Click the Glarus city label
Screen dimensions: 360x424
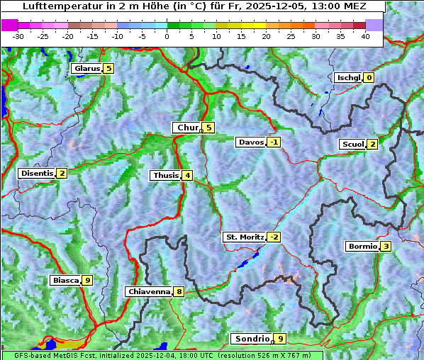point(86,69)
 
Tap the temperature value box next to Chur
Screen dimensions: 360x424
point(209,128)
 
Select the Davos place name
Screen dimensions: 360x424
point(251,142)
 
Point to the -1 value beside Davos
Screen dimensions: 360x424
point(274,142)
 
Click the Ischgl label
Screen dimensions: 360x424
point(348,78)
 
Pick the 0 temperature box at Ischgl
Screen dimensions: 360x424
point(369,78)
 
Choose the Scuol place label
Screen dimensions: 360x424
point(352,145)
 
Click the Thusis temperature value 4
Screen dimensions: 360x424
point(187,176)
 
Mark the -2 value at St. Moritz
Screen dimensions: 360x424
point(274,237)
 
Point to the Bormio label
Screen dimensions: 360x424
point(362,247)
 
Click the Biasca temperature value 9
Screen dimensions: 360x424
point(87,281)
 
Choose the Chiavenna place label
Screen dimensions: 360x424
point(148,291)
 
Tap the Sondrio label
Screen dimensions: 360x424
point(251,339)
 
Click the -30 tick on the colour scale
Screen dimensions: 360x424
point(18,36)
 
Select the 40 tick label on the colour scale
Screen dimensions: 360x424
point(365,36)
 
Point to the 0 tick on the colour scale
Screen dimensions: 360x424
point(167,36)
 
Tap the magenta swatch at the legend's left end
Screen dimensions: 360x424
point(10,25)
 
